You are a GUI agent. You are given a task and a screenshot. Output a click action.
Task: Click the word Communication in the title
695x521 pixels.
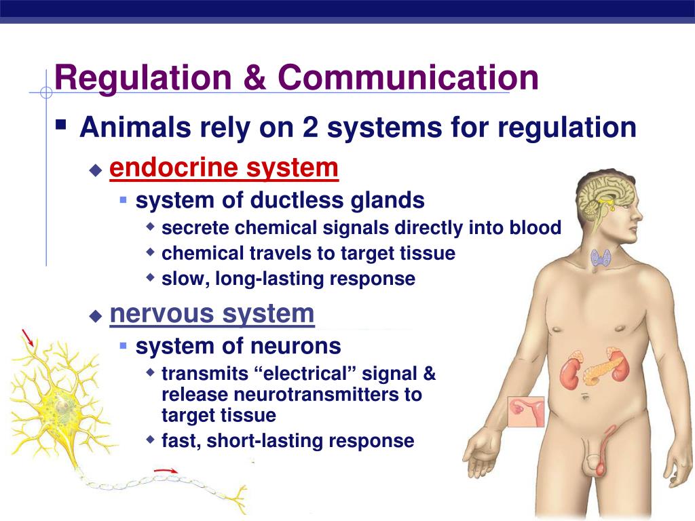point(408,77)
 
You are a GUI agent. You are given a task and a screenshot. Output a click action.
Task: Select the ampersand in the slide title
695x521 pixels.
point(255,77)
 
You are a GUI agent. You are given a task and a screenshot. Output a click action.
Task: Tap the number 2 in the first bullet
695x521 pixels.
point(310,127)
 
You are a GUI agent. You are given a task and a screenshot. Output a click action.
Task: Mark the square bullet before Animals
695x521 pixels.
point(60,124)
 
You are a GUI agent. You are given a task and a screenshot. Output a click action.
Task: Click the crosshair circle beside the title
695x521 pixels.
point(46,92)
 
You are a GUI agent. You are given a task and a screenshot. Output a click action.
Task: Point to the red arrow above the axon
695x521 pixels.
point(166,470)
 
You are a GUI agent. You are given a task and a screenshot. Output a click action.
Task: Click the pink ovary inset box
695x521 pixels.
point(526,412)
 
